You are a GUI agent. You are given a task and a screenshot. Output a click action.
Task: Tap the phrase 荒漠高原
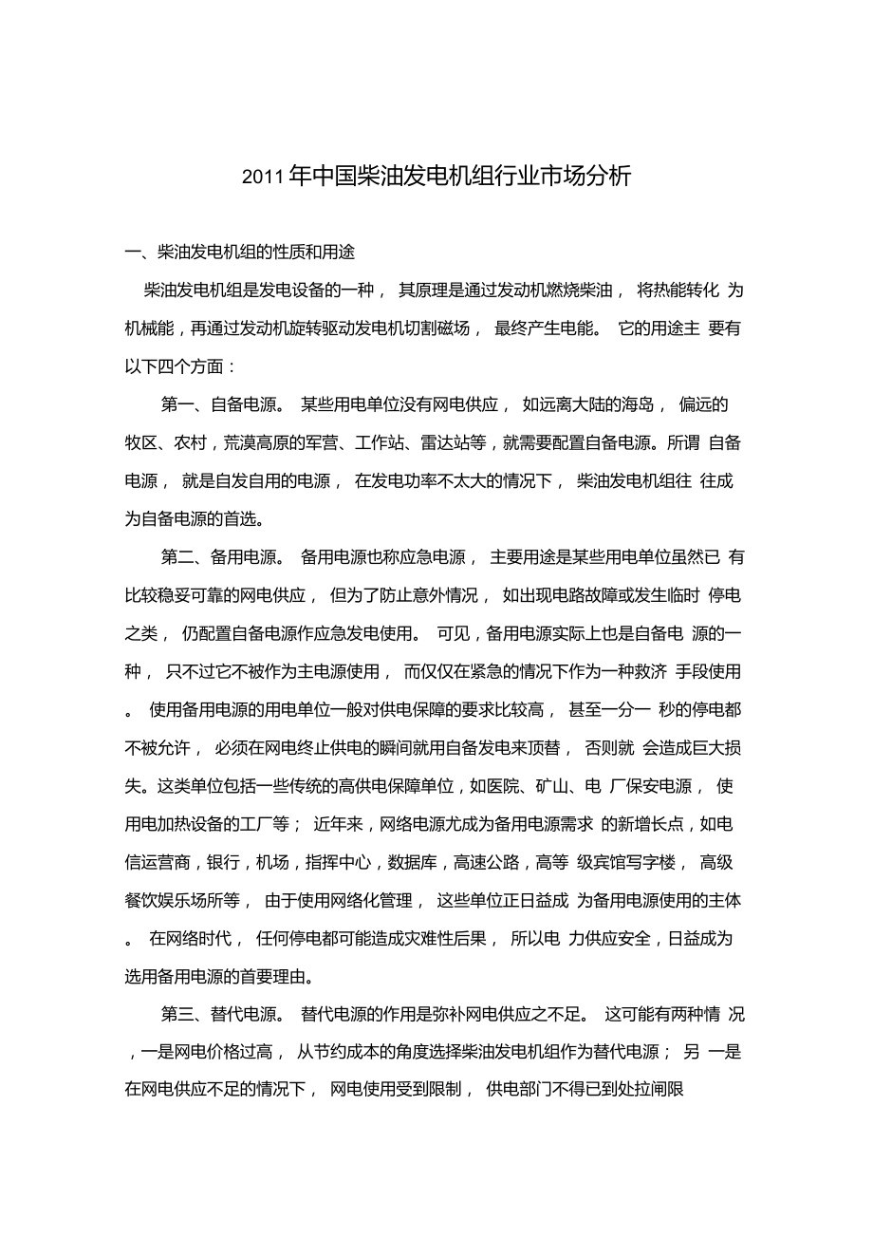click(259, 443)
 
